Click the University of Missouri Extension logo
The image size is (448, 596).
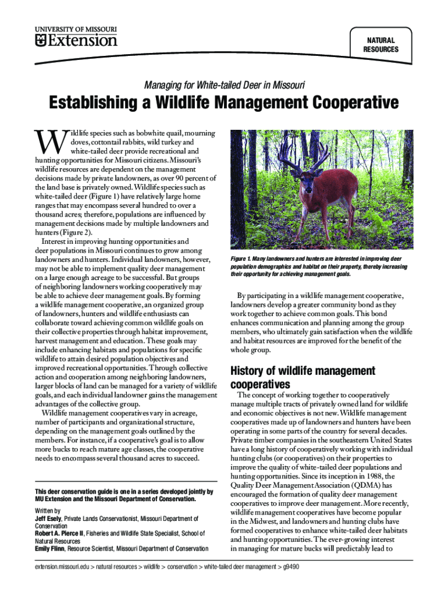click(x=76, y=36)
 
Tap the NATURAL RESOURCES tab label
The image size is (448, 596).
click(x=381, y=45)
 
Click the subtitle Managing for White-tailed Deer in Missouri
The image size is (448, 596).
click(x=223, y=86)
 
